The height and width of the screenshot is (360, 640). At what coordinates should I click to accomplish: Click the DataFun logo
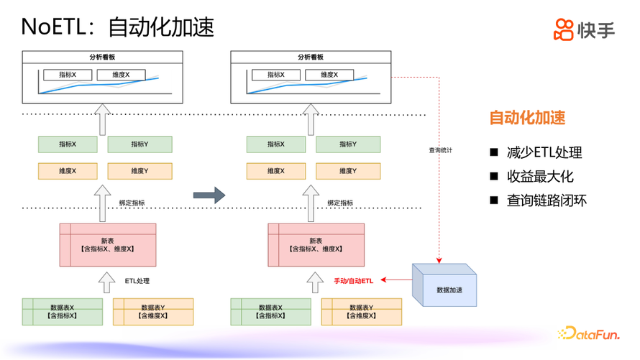click(x=589, y=333)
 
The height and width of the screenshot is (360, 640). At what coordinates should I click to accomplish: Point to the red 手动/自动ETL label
click(x=353, y=280)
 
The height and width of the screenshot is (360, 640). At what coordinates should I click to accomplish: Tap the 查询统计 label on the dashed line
click(x=440, y=150)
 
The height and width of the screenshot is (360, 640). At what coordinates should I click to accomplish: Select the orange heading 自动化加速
click(x=527, y=118)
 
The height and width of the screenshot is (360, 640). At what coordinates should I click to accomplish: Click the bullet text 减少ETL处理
click(x=544, y=152)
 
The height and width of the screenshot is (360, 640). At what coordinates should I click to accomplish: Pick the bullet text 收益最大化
click(x=540, y=176)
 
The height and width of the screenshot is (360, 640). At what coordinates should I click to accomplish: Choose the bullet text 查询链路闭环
click(x=547, y=200)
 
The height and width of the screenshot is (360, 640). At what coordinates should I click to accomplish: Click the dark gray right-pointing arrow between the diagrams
click(x=209, y=194)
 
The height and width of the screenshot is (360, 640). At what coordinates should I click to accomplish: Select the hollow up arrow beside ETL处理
click(x=106, y=281)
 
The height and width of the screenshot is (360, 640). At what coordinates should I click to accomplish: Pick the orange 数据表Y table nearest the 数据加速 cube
click(x=361, y=311)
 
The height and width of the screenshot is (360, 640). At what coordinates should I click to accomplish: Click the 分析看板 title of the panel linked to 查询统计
click(x=311, y=57)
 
